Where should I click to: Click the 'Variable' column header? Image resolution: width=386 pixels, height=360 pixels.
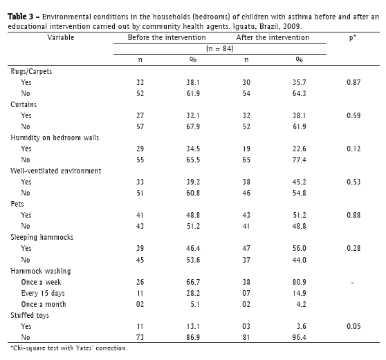61,37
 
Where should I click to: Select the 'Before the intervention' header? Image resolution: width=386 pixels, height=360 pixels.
167,37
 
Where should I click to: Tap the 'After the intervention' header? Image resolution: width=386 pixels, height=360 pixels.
273,37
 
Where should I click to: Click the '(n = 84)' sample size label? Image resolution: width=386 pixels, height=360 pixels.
220,48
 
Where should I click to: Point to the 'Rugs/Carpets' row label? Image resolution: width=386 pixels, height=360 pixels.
31,72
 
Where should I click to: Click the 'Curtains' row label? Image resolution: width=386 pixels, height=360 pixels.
24,104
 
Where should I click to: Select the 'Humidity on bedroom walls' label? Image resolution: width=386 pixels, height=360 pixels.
55,138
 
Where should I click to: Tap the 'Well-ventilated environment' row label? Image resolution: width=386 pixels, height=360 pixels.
55,171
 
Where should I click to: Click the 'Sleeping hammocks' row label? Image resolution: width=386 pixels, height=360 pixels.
42,237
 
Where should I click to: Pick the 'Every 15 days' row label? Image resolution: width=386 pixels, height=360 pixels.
43,293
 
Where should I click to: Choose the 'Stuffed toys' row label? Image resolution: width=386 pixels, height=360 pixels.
30,315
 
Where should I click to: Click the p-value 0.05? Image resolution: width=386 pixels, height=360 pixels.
353,326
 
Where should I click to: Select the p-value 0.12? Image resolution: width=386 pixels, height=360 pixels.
353,149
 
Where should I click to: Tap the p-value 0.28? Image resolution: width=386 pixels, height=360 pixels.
353,248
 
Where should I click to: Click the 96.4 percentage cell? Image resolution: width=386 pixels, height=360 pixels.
300,337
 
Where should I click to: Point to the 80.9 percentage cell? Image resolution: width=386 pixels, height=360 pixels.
300,282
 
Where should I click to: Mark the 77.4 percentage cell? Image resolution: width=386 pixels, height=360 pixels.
300,160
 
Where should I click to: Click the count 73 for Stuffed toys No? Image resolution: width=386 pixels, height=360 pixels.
140,337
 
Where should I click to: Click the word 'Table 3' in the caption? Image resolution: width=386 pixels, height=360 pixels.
21,17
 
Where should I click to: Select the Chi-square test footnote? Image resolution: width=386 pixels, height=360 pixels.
69,348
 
